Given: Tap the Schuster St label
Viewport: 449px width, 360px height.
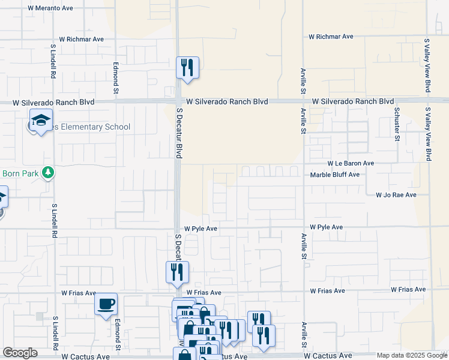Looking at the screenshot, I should [397, 124].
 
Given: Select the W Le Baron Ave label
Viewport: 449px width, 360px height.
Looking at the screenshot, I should [351, 163].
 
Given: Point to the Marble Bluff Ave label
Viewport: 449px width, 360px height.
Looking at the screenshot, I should [334, 175].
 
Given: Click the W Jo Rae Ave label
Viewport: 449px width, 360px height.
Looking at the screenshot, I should [396, 195].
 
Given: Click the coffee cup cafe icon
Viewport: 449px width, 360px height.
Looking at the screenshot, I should [106, 304].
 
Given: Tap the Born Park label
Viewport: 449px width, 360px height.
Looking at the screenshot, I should [19, 173].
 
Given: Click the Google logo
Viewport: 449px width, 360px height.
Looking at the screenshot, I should [20, 353].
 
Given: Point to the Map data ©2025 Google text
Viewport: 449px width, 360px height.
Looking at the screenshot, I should [412, 355].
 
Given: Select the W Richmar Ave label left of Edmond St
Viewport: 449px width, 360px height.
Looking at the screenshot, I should [81, 39].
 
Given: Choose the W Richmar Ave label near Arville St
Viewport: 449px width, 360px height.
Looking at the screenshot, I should [331, 37].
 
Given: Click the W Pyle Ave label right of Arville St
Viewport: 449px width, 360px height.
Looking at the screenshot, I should [326, 227].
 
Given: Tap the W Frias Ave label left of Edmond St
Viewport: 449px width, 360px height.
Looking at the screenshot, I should [79, 293].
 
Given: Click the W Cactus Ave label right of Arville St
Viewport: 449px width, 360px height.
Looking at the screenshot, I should [327, 356].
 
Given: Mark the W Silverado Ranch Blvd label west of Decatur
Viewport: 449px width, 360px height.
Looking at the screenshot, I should [54, 102].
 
